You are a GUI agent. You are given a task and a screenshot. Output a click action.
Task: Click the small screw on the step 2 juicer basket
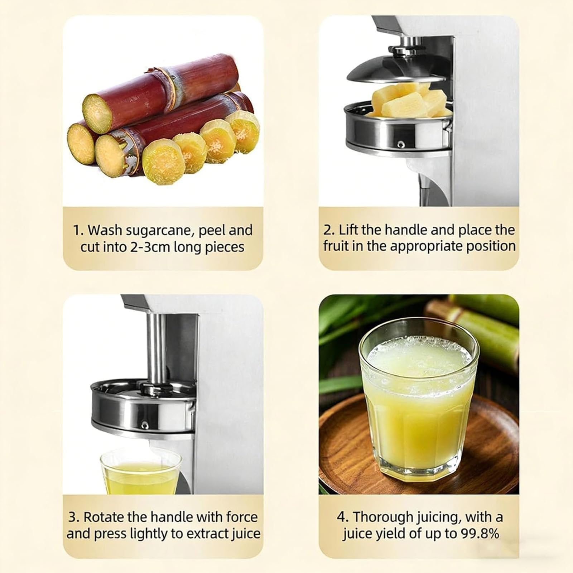401,144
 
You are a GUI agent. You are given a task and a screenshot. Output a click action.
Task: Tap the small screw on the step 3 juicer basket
145,425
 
